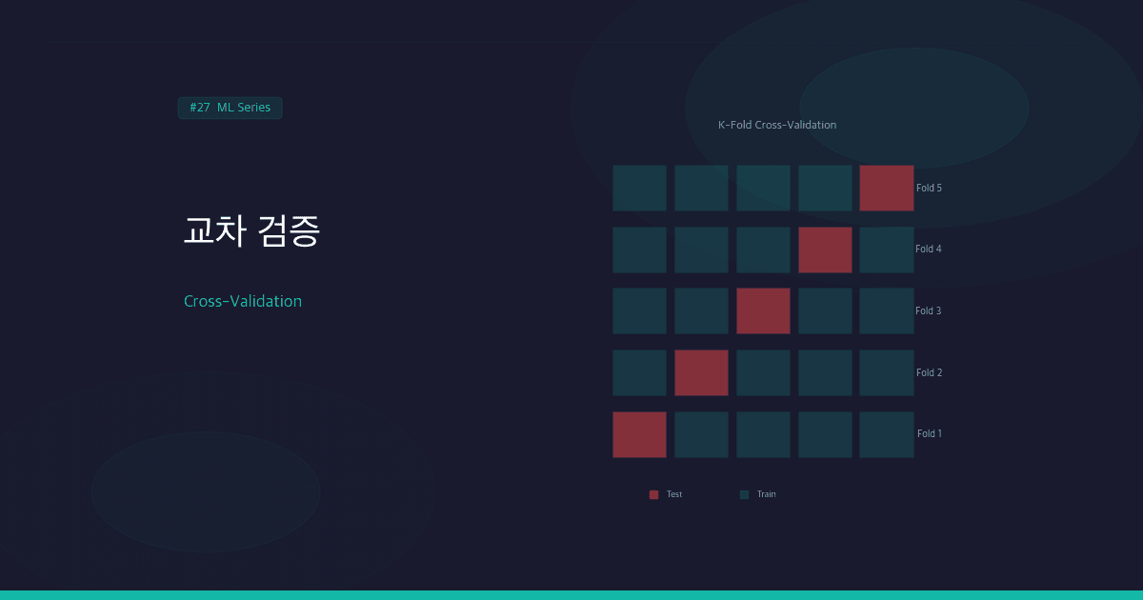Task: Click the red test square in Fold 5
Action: (886, 188)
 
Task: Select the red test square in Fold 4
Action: (825, 250)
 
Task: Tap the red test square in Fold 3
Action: (763, 310)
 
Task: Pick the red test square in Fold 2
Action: (701, 372)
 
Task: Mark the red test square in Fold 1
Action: (639, 434)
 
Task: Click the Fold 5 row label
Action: (929, 188)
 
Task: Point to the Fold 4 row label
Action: (929, 250)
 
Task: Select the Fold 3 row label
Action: (929, 310)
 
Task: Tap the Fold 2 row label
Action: (929, 372)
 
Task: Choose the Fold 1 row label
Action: (929, 434)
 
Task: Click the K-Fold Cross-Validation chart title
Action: (777, 125)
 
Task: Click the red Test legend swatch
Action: (653, 494)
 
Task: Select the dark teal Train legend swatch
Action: (744, 494)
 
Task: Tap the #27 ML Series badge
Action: (230, 108)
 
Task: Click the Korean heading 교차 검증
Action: (251, 231)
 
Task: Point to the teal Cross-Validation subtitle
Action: (243, 301)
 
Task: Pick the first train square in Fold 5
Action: (639, 188)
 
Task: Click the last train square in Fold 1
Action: (886, 434)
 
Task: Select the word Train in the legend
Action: (766, 494)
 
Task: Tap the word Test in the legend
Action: (674, 494)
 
